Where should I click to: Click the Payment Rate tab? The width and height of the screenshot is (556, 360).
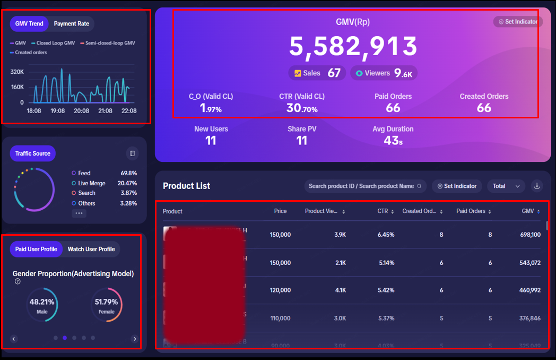(x=72, y=23)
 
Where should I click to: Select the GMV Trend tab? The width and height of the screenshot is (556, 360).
(x=29, y=23)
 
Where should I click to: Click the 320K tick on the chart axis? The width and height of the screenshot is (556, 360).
(x=17, y=72)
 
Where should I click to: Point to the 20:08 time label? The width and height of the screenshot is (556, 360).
(x=81, y=111)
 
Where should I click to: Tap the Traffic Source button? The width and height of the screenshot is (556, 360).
(x=33, y=153)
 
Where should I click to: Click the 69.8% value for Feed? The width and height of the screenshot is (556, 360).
(x=128, y=173)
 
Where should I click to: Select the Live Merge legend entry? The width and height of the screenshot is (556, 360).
(x=91, y=183)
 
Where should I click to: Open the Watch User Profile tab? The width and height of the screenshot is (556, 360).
(x=91, y=249)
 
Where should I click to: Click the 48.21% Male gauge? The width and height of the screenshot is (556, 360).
(x=42, y=305)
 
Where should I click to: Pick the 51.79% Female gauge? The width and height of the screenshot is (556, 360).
(x=106, y=305)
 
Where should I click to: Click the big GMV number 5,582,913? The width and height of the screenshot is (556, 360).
(x=353, y=47)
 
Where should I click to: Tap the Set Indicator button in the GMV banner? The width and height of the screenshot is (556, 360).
(x=518, y=22)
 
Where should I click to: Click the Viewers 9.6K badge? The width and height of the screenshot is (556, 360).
(x=384, y=73)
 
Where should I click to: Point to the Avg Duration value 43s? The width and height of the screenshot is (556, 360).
(x=393, y=141)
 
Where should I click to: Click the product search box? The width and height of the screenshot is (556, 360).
(x=365, y=186)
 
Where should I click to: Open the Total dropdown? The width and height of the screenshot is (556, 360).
(x=506, y=186)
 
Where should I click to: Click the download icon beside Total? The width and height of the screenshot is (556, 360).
(x=537, y=186)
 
